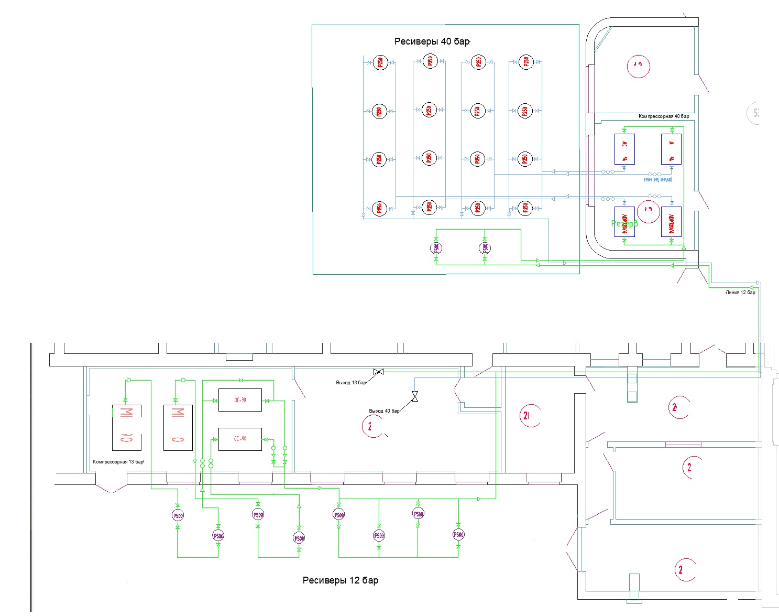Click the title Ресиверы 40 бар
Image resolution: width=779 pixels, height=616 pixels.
[x=432, y=41]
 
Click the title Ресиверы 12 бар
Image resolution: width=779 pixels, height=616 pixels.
[x=341, y=580]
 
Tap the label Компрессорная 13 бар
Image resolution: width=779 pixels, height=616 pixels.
[x=118, y=462]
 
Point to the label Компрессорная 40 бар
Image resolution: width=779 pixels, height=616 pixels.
[x=664, y=116]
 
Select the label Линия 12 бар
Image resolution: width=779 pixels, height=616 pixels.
[x=740, y=293]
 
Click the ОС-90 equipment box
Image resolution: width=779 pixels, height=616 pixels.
[x=240, y=400]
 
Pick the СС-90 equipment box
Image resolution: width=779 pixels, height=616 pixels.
[x=240, y=439]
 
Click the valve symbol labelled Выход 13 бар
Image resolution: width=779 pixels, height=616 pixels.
[x=378, y=372]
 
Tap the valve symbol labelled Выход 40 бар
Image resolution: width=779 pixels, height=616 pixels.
[x=415, y=396]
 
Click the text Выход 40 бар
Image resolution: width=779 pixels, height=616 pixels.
[x=384, y=411]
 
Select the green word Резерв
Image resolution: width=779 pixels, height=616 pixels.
[x=624, y=223]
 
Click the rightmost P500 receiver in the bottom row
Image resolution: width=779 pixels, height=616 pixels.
[x=458, y=535]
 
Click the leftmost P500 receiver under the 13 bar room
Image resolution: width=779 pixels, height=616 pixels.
[x=178, y=516]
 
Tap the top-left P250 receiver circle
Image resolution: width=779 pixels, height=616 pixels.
[x=380, y=63]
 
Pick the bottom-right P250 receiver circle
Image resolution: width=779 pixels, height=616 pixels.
[x=525, y=208]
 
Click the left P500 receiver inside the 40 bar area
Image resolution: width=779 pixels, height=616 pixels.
[x=436, y=248]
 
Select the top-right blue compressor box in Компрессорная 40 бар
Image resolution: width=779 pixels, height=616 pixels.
[x=671, y=149]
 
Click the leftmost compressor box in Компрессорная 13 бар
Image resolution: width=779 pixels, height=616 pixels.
[x=127, y=427]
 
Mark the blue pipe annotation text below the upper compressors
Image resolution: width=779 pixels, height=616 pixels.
[x=657, y=180]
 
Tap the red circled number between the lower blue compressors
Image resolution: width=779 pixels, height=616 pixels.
[x=649, y=211]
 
